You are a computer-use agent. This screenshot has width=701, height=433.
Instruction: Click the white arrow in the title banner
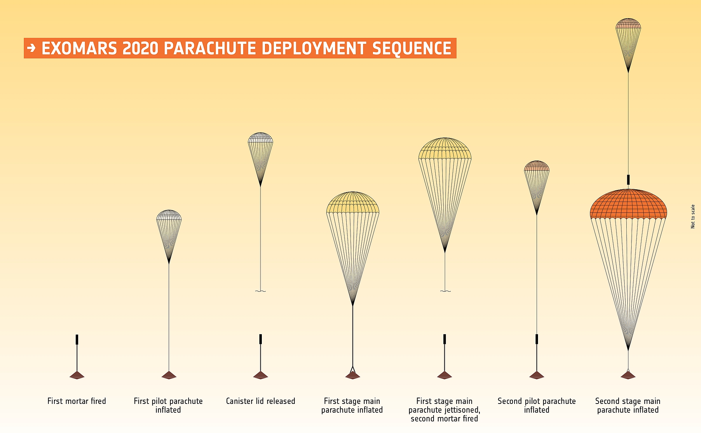pyautogui.click(x=32, y=48)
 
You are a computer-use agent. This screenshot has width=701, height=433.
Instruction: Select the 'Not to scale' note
pyautogui.click(x=693, y=216)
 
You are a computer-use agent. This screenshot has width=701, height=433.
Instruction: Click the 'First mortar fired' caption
pyautogui.click(x=77, y=401)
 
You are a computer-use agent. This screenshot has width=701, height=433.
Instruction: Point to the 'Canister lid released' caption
pyautogui.click(x=260, y=401)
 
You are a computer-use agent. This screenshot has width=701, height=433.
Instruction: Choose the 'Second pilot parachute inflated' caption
pyautogui.click(x=537, y=405)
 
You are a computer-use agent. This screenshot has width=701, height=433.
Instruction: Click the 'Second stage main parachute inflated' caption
pyautogui.click(x=628, y=405)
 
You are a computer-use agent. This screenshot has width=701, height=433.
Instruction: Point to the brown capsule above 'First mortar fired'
pyautogui.click(x=77, y=375)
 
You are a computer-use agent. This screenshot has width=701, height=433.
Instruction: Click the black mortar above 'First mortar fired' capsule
pyautogui.click(x=77, y=339)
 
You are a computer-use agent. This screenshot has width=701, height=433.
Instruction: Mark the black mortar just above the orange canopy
pyautogui.click(x=628, y=180)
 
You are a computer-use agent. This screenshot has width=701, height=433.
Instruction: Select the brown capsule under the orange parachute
pyautogui.click(x=628, y=375)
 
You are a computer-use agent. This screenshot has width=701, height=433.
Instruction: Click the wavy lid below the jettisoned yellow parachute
pyautogui.click(x=445, y=291)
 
